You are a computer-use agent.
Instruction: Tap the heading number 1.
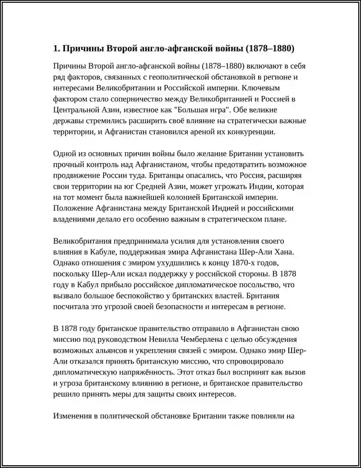pyautogui.click(x=56, y=48)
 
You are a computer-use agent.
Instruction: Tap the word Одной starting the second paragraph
pyautogui.click(x=65, y=153)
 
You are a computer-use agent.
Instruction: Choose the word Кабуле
pyautogui.click(x=101, y=252)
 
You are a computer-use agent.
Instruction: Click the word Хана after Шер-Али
pyautogui.click(x=286, y=252)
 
